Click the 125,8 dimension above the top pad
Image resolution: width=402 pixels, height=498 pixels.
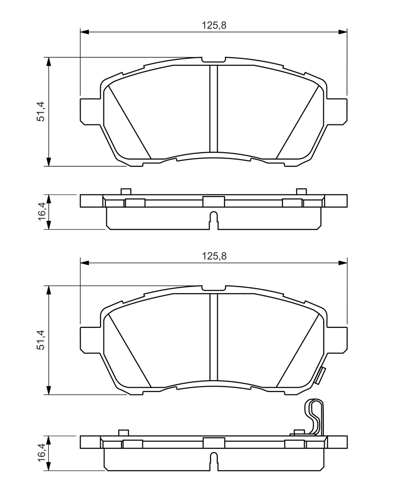tap(214, 25)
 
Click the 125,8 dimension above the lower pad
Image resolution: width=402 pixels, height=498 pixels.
tap(214, 256)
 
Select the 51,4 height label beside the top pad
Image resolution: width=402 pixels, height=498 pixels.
tap(41, 111)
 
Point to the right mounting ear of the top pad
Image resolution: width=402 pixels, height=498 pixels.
tap(336, 111)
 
